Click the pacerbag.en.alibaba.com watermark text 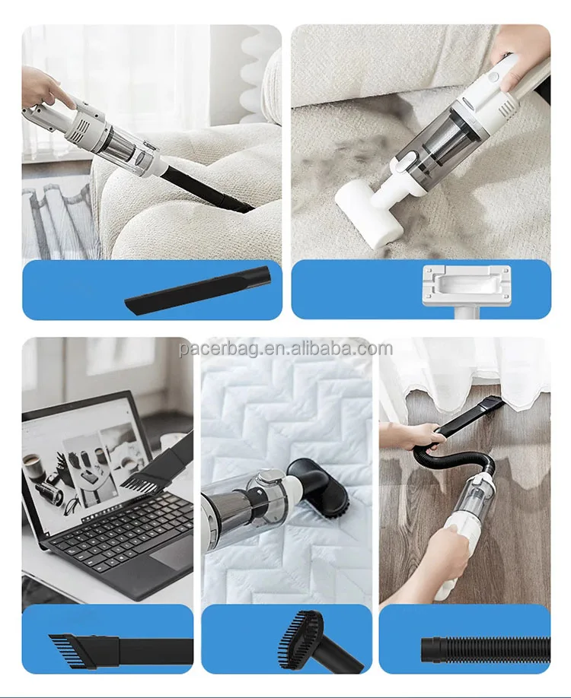coord(286,349)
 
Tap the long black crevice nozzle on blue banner coord(198,289)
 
